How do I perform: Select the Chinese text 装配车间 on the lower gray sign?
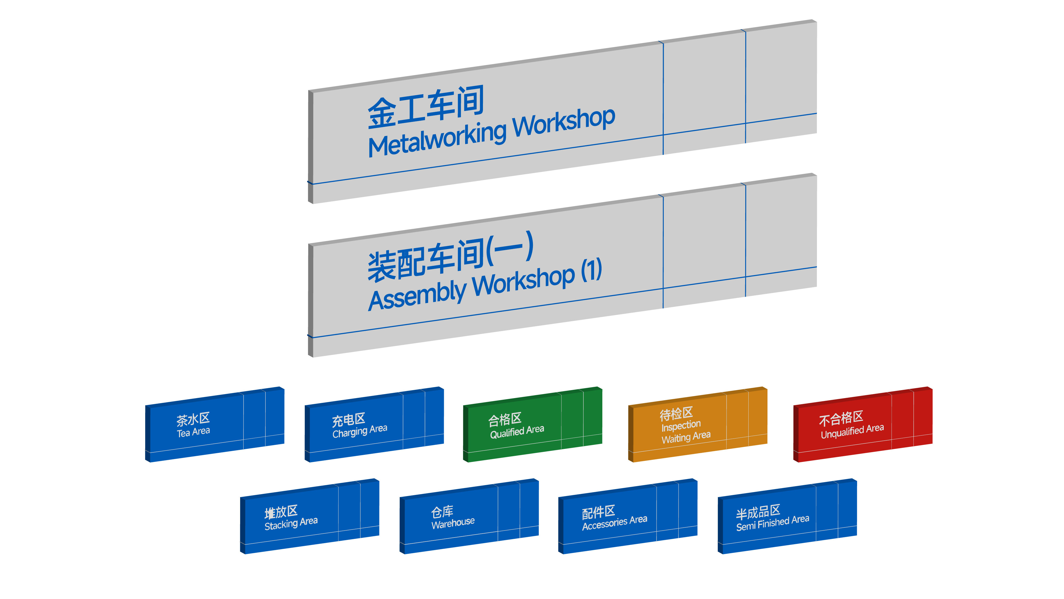click(426, 261)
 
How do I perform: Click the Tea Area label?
click(193, 432)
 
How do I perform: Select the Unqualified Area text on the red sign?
click(852, 431)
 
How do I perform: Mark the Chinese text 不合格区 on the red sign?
click(841, 418)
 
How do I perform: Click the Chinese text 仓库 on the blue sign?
click(442, 512)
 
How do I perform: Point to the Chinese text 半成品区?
click(758, 511)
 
